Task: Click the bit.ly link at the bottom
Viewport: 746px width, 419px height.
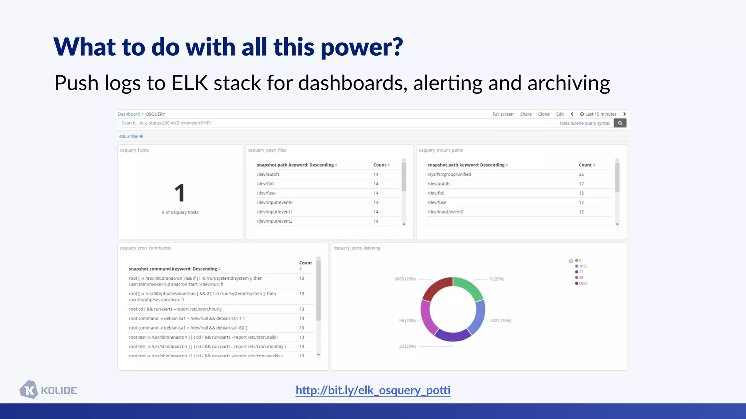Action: (x=373, y=390)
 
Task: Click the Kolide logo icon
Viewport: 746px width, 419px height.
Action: (x=29, y=390)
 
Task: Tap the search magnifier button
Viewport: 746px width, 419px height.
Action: (x=620, y=123)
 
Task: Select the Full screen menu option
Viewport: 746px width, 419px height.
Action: (x=503, y=114)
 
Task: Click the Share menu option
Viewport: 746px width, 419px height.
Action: (x=526, y=114)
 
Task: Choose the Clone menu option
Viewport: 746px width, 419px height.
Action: (x=544, y=114)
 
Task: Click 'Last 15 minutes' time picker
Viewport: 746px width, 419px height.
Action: (x=598, y=114)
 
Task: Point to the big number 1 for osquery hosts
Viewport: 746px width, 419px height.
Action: (x=180, y=193)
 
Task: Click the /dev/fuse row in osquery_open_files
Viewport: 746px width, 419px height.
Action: (x=266, y=193)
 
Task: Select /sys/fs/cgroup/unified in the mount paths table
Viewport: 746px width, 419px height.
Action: (x=449, y=174)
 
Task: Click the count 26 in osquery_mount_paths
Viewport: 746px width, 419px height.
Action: (x=581, y=174)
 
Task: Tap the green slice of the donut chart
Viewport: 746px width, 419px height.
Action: (x=470, y=287)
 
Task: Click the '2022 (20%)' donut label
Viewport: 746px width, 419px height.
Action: (x=500, y=320)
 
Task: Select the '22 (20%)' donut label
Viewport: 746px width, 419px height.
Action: (x=407, y=346)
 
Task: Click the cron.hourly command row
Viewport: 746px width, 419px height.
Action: (x=175, y=309)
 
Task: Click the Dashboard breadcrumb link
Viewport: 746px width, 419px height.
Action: (x=129, y=114)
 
